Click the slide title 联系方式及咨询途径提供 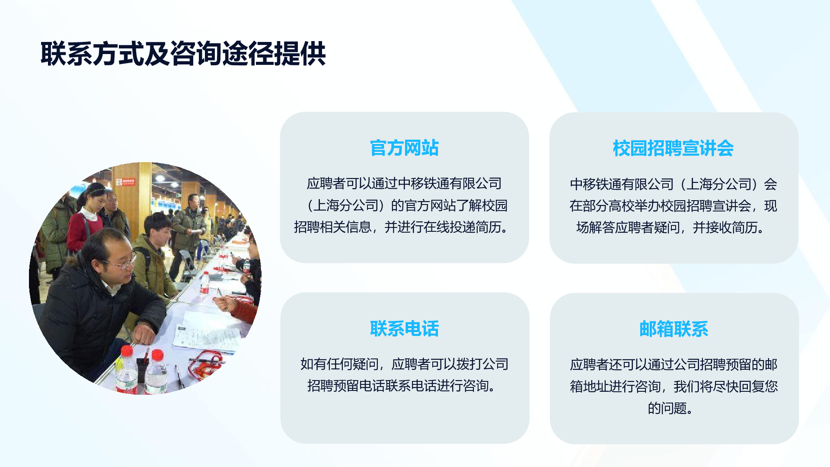click(x=183, y=54)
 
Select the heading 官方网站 click(x=404, y=148)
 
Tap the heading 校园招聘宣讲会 click(x=673, y=148)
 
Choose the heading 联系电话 click(x=404, y=329)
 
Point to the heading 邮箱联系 click(x=674, y=329)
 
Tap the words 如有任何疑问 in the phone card click(x=339, y=364)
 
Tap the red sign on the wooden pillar click(x=128, y=182)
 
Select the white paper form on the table click(x=207, y=336)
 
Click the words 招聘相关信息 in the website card click(x=332, y=227)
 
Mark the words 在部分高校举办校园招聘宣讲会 click(x=660, y=206)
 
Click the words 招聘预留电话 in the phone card click(x=346, y=386)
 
